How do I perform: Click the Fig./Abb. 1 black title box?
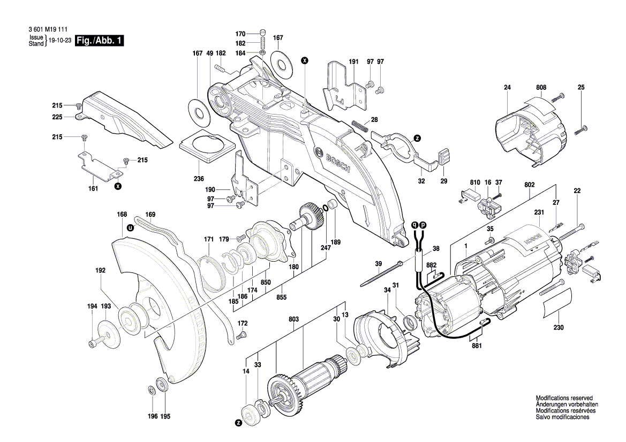pos(100,41)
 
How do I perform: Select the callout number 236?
pos(199,179)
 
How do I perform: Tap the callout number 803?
pos(293,319)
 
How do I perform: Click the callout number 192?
pos(100,271)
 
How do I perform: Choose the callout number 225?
pos(57,117)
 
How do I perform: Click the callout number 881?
pos(477,346)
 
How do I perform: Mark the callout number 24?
pos(508,87)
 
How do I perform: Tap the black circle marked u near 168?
pos(130,227)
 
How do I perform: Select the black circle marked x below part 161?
pos(118,186)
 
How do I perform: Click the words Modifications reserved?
pos(564,399)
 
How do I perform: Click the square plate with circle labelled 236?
pos(206,145)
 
